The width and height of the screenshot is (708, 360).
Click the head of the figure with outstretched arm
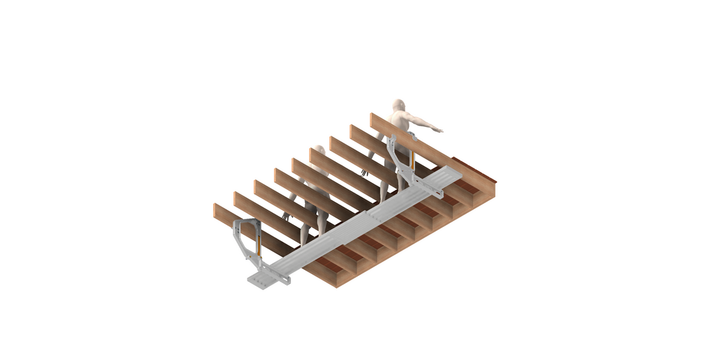click(398, 107)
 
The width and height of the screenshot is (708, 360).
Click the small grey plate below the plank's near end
click(261, 281)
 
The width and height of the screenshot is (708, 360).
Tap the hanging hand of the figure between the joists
click(287, 215)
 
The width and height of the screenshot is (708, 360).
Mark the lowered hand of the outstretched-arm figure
click(364, 171)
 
